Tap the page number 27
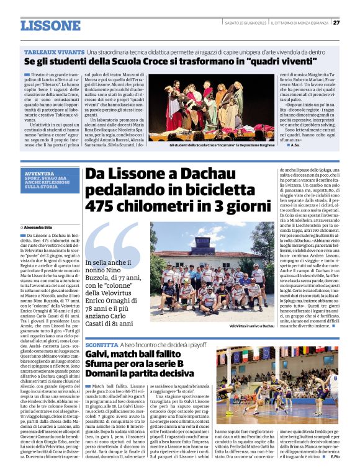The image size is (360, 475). tap(336, 22)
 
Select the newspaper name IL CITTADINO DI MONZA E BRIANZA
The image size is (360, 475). tap(299, 23)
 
